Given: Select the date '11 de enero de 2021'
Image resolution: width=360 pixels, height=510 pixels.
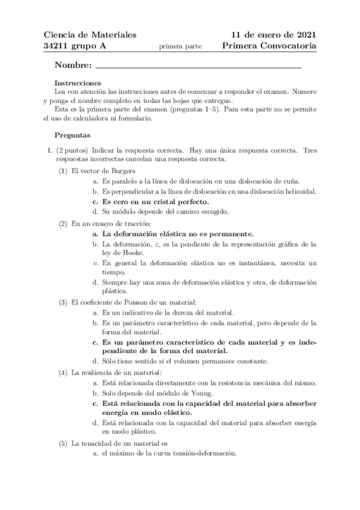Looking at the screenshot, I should (x=273, y=34).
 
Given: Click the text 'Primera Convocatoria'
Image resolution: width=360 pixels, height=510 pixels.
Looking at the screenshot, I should (x=269, y=46).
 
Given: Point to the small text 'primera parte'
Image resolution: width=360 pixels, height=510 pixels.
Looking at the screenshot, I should (x=180, y=46).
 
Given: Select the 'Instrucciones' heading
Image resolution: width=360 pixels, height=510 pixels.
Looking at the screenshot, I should (x=77, y=83).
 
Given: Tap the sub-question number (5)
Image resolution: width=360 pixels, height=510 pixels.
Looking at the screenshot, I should (x=63, y=444).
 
